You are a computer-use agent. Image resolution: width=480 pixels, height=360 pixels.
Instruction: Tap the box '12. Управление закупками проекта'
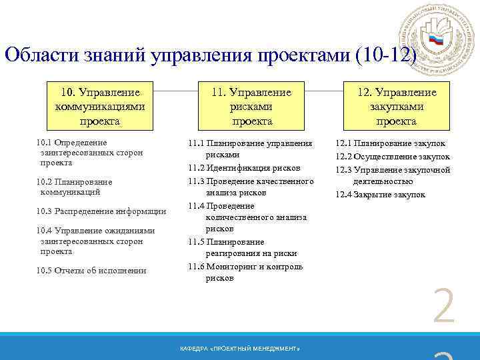point(396,106)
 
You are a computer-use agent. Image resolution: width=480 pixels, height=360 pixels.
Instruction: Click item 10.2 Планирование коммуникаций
point(74,187)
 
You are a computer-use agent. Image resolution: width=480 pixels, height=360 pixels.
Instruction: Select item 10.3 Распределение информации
point(101,211)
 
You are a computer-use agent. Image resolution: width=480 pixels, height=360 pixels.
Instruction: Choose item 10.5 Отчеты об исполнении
point(91,270)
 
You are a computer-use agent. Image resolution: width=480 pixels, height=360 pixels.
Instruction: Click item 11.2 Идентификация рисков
point(244,167)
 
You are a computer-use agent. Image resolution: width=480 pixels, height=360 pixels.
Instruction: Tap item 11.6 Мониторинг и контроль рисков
point(245,272)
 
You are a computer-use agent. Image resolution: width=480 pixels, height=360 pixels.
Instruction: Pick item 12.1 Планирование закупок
point(390,143)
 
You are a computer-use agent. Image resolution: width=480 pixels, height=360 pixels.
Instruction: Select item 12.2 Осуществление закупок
point(392,156)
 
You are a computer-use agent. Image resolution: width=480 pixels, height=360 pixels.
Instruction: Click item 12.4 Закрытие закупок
point(380,195)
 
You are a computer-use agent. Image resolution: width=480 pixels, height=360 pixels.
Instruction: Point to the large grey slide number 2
point(443,307)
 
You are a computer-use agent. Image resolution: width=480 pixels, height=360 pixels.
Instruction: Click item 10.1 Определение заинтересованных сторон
point(89,152)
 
